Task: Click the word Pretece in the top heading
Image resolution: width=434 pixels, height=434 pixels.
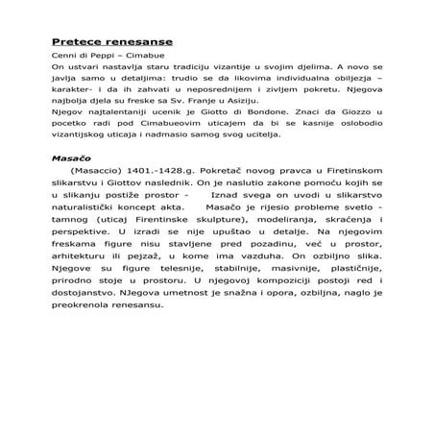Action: click(x=74, y=42)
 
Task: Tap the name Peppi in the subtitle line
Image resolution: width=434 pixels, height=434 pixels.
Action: click(x=100, y=57)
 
